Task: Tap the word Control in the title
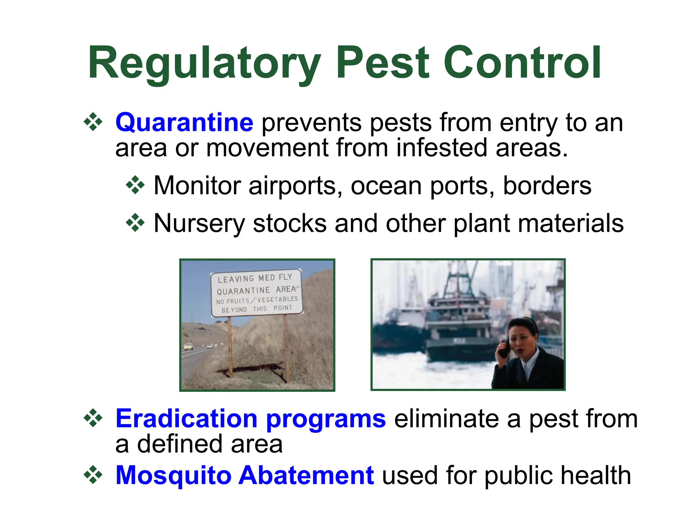coord(522,63)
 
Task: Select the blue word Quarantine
coord(184,123)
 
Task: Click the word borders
coord(547,186)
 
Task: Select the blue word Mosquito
coord(173,476)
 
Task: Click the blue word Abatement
coord(306,476)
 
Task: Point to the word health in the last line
coord(595,476)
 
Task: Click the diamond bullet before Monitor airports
coord(135,185)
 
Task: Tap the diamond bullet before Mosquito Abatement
coord(93,475)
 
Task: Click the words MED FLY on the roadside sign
coord(275,277)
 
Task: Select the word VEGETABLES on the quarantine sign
coord(278,299)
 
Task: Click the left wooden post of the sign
coord(230,346)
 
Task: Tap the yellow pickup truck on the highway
coord(188,346)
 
